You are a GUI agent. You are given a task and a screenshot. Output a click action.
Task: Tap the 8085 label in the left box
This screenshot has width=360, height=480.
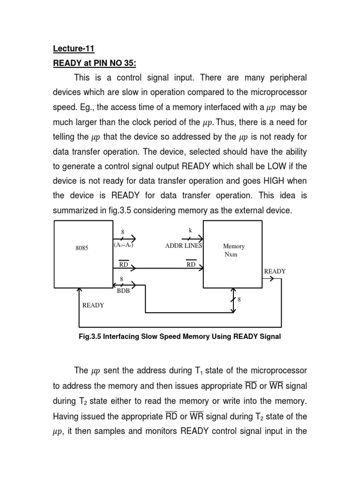82,248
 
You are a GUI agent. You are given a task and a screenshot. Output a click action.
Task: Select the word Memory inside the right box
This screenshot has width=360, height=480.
233,246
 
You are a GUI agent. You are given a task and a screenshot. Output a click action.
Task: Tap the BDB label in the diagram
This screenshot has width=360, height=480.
123,290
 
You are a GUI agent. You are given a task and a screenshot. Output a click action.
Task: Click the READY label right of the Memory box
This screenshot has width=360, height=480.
275,271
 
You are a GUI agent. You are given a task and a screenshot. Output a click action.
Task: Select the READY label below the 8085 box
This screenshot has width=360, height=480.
93,305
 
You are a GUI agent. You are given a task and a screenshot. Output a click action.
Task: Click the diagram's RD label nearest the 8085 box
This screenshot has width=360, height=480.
123,264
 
